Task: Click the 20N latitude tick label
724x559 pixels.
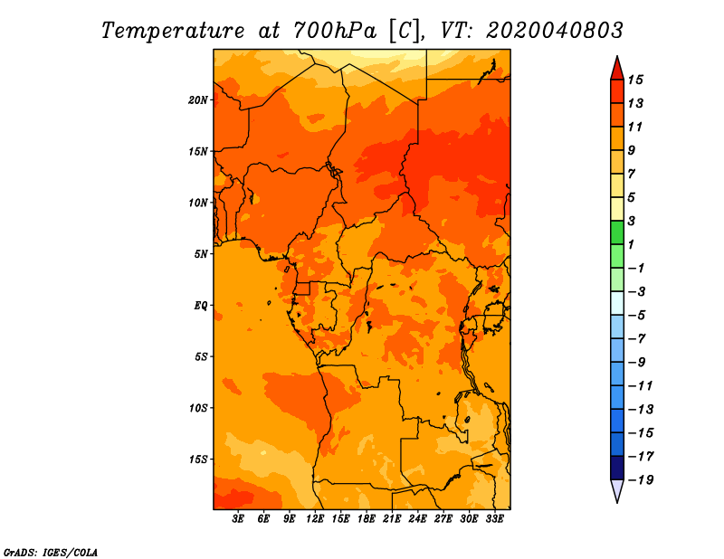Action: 197,100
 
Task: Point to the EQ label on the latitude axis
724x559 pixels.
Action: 201,306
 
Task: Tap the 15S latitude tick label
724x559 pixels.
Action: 197,460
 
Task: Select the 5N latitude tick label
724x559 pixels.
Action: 201,254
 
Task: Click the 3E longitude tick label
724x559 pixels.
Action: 238,519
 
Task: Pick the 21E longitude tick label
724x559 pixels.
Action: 392,519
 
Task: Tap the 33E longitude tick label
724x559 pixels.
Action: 494,519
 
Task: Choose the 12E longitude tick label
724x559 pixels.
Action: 315,519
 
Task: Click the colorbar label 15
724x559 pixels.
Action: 635,80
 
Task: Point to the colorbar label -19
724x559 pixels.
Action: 640,480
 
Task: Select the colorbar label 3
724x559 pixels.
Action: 632,221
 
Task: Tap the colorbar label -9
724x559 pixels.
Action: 636,363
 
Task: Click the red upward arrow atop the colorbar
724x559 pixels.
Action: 617,69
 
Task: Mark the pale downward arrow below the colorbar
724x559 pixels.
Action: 617,490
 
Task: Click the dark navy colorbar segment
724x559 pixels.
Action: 617,468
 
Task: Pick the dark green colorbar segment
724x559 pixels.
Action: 617,232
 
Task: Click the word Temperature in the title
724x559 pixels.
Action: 173,32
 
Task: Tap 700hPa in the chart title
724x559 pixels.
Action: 334,31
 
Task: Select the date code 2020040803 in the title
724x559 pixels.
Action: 554,31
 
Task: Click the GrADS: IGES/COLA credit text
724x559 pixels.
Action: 51,552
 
